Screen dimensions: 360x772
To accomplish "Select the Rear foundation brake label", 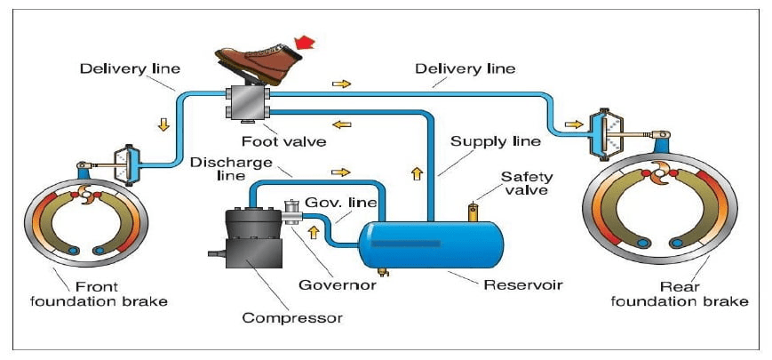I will coord(692,294).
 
